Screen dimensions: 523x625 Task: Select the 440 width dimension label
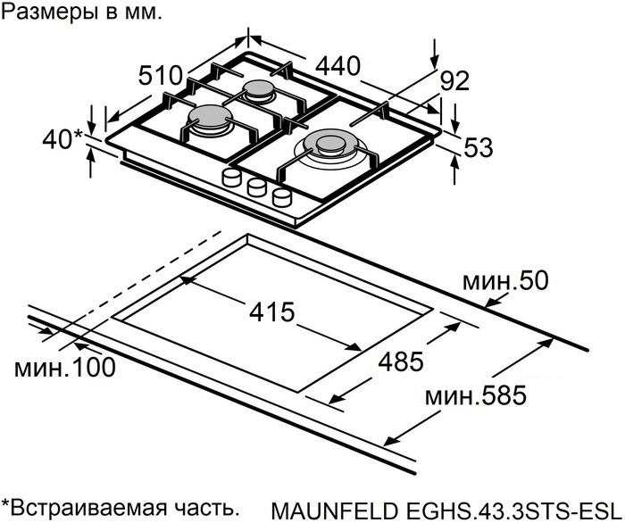coord(336,65)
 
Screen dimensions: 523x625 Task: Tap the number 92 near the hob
coord(454,82)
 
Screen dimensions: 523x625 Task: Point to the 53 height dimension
coord(479,148)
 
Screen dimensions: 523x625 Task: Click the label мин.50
coord(504,282)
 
